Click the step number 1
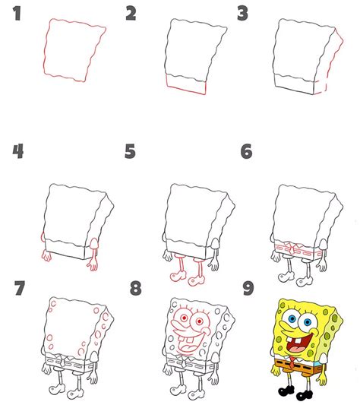click(x=17, y=14)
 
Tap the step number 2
click(x=131, y=14)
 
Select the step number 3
click(x=243, y=14)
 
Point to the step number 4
click(x=17, y=151)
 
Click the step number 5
click(x=130, y=151)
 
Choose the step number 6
click(x=246, y=151)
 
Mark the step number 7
click(x=20, y=288)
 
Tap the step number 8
click(x=136, y=288)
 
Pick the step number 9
click(x=248, y=288)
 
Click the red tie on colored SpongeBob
click(x=292, y=362)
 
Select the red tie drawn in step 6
click(x=292, y=248)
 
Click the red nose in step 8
click(x=205, y=330)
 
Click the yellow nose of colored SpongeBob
click(x=314, y=332)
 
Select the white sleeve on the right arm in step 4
click(x=94, y=244)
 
